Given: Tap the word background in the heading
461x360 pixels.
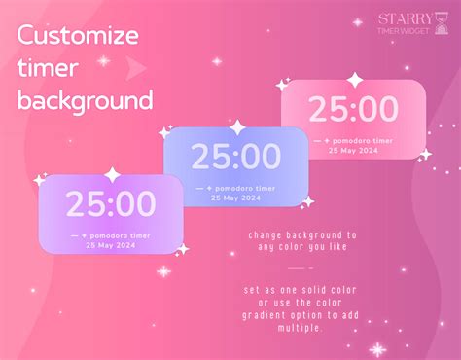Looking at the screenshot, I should pyautogui.click(x=86, y=100).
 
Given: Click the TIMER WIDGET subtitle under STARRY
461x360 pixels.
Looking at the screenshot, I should pyautogui.click(x=402, y=32).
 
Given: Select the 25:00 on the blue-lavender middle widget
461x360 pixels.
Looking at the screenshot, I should pyautogui.click(x=235, y=156).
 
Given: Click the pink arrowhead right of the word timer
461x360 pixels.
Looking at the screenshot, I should pyautogui.click(x=137, y=67).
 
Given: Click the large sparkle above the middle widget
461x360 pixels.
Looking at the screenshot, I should pyautogui.click(x=236, y=127).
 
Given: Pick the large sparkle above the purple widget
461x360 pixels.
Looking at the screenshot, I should pyautogui.click(x=112, y=175).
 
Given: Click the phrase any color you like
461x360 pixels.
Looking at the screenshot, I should pyautogui.click(x=302, y=245).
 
